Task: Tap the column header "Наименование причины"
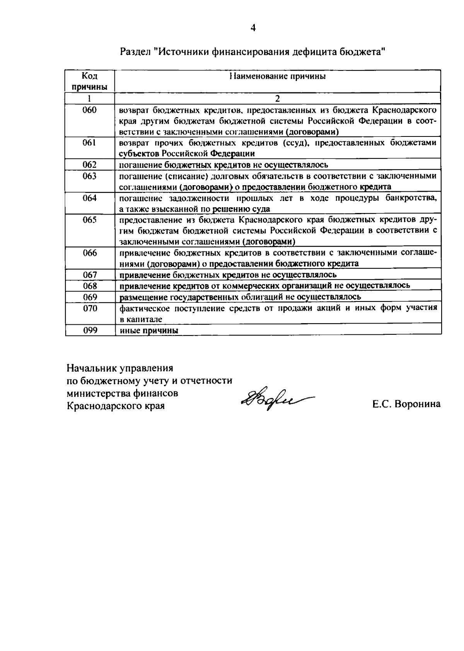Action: pos(277,76)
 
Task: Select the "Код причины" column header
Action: pos(90,81)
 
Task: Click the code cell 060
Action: pos(90,110)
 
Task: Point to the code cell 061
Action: pos(90,143)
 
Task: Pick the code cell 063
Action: pos(90,176)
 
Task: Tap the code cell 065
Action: pos(90,220)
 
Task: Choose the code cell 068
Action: pos(90,286)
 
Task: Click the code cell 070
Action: pos(90,308)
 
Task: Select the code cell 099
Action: pos(90,330)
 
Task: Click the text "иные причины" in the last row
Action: pos(149,331)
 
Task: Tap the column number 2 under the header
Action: pos(277,98)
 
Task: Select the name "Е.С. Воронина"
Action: pos(406,404)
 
